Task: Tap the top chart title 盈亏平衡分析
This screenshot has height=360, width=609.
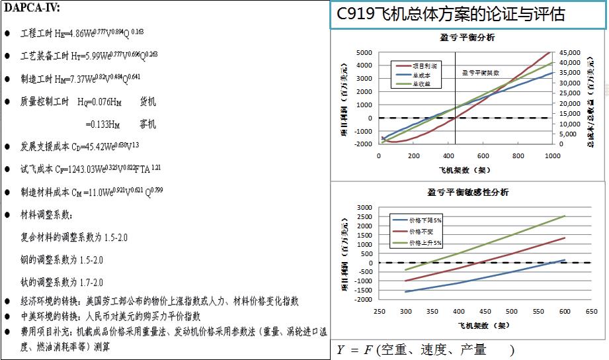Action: [x=467, y=37]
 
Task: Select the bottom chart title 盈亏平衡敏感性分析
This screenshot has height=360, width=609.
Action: [x=467, y=193]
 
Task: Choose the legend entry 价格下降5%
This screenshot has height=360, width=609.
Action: [x=424, y=219]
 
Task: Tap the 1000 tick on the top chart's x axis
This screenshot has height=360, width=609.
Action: [x=553, y=156]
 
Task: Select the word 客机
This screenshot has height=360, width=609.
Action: [x=148, y=124]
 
